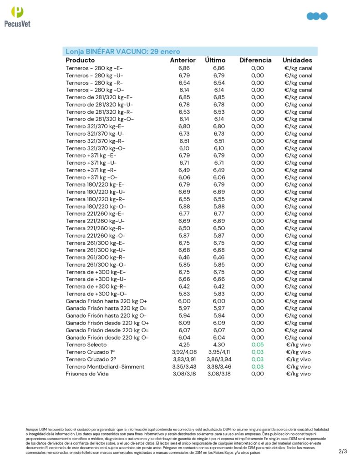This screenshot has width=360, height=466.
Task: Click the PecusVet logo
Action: tap(17, 17)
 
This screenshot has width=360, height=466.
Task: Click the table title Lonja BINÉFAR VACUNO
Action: tap(123, 51)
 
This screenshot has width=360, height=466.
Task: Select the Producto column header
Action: tap(80, 60)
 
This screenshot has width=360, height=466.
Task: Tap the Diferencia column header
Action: tap(255, 60)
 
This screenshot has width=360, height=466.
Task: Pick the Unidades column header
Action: tap(297, 60)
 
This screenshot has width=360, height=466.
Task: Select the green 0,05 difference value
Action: tap(257, 345)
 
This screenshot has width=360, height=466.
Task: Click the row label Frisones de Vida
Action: tap(87, 374)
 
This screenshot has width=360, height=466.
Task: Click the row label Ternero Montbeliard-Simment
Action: tap(105, 367)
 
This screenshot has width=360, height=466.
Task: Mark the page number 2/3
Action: tap(343, 452)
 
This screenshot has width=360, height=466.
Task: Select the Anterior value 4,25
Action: tap(184, 345)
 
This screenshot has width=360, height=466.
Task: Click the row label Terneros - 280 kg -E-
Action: tap(94, 68)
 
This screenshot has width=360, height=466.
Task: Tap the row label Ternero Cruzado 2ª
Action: tap(90, 360)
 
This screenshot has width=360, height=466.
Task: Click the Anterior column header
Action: tap(183, 60)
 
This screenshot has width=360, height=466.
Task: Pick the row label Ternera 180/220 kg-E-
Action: tap(95, 185)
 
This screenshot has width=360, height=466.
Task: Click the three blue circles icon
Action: tap(317, 16)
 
